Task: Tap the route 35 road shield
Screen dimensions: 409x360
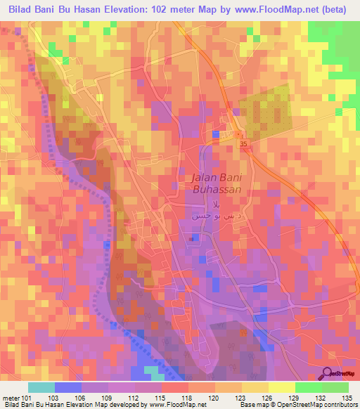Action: [244, 143]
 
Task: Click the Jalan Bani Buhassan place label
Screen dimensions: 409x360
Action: [217, 183]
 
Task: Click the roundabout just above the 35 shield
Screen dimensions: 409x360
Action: [239, 134]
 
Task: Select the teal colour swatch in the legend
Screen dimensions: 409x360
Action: [41, 387]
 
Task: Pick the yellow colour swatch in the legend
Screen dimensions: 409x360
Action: [281, 387]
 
